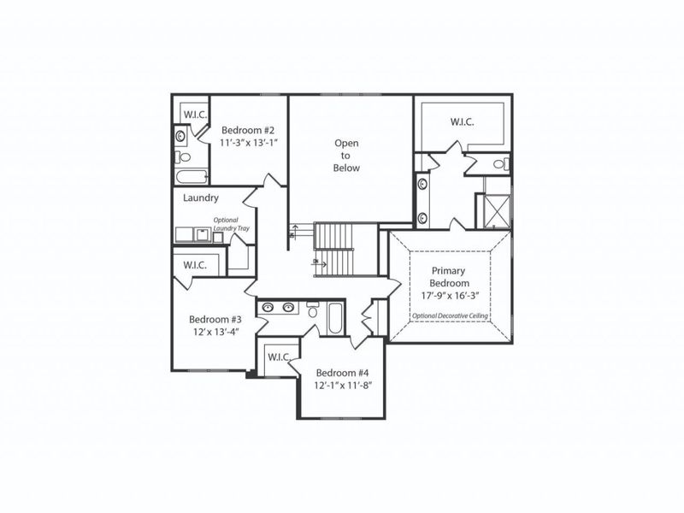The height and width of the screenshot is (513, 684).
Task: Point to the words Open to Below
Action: click(x=346, y=156)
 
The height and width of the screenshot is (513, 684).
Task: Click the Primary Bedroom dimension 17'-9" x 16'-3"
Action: click(x=450, y=296)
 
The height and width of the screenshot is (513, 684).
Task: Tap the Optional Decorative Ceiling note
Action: click(x=450, y=315)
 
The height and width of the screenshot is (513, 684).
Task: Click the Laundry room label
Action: click(x=202, y=198)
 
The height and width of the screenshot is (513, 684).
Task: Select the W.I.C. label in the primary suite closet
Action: click(x=463, y=122)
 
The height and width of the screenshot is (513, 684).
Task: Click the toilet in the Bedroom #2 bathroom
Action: click(x=183, y=156)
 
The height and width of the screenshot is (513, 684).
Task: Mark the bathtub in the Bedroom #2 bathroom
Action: click(x=192, y=177)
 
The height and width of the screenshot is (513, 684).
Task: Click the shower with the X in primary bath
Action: click(x=496, y=209)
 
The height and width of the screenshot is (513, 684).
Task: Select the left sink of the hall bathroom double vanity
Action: click(x=268, y=308)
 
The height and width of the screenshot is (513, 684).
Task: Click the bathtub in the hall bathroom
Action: click(x=333, y=320)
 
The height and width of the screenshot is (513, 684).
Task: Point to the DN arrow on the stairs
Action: click(x=316, y=262)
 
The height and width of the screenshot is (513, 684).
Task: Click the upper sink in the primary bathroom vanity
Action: click(x=422, y=184)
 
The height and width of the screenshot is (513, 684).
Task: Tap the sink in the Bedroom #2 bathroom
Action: click(x=180, y=136)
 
